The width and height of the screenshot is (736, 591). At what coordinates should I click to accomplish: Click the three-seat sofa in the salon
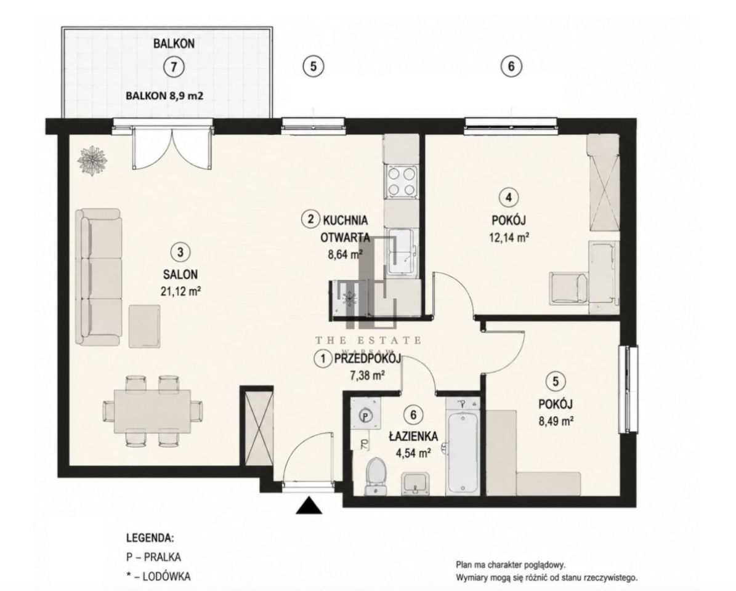pos(99,277)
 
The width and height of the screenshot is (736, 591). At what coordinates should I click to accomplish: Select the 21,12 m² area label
pos(180,292)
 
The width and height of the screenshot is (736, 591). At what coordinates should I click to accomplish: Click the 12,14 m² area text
pos(509,237)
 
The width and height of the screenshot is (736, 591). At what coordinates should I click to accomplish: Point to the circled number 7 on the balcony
pos(174,67)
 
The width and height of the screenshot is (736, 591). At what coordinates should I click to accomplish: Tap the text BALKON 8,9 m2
pos(164,95)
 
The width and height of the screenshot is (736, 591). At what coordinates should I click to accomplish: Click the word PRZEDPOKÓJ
pos(366,360)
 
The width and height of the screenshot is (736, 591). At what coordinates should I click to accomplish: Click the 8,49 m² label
pos(556,420)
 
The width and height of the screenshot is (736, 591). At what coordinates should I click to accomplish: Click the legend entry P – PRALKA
pos(153,557)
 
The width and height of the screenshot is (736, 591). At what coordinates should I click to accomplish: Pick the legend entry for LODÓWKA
pos(158,576)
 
